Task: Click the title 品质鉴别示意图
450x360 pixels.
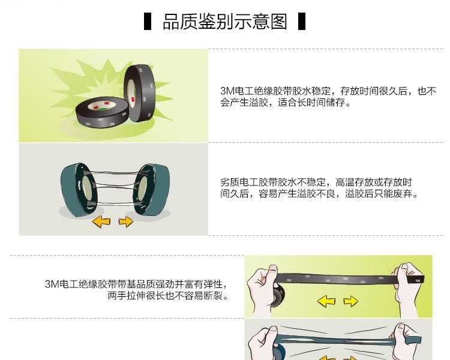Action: [x=225, y=22]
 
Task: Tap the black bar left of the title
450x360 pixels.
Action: [x=148, y=21]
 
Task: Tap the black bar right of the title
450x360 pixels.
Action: [x=302, y=21]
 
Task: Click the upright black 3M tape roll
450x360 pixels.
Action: [x=139, y=93]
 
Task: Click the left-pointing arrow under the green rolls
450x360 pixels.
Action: [x=101, y=222]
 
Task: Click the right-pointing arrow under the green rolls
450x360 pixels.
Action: [x=126, y=221]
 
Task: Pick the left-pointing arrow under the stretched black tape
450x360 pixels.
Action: [x=326, y=301]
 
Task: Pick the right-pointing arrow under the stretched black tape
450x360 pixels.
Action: [x=351, y=301]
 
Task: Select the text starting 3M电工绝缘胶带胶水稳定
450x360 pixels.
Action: [x=328, y=97]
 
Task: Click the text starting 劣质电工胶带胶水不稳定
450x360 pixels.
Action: [x=319, y=188]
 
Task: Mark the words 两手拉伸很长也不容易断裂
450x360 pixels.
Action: [x=168, y=295]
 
